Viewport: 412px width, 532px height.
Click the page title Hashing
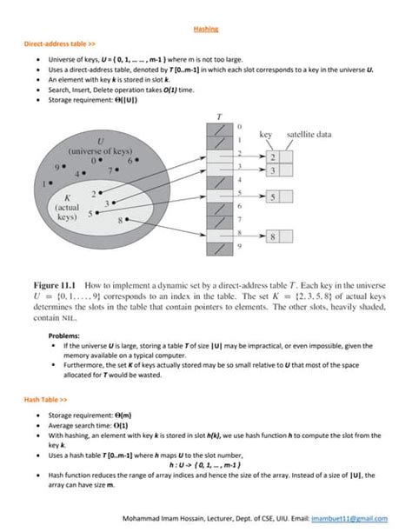tap(205, 29)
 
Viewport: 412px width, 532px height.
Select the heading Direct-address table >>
tap(54, 43)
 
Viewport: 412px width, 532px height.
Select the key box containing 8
tap(272, 236)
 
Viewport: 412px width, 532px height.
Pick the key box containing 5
tap(272, 198)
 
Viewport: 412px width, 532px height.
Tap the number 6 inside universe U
tap(129, 161)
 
